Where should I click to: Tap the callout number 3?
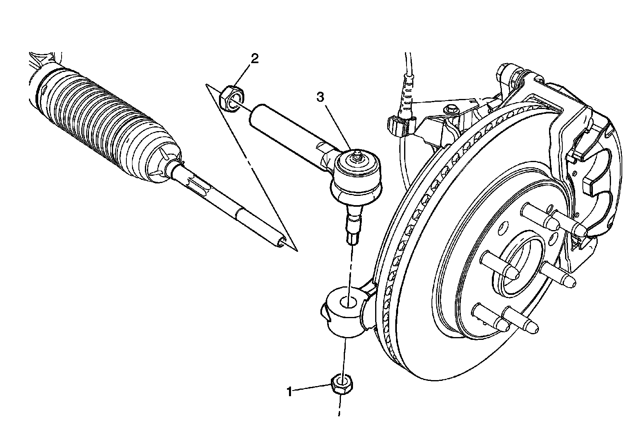tap(320, 97)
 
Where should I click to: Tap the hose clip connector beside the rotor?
tap(398, 125)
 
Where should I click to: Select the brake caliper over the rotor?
tap(563, 133)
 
